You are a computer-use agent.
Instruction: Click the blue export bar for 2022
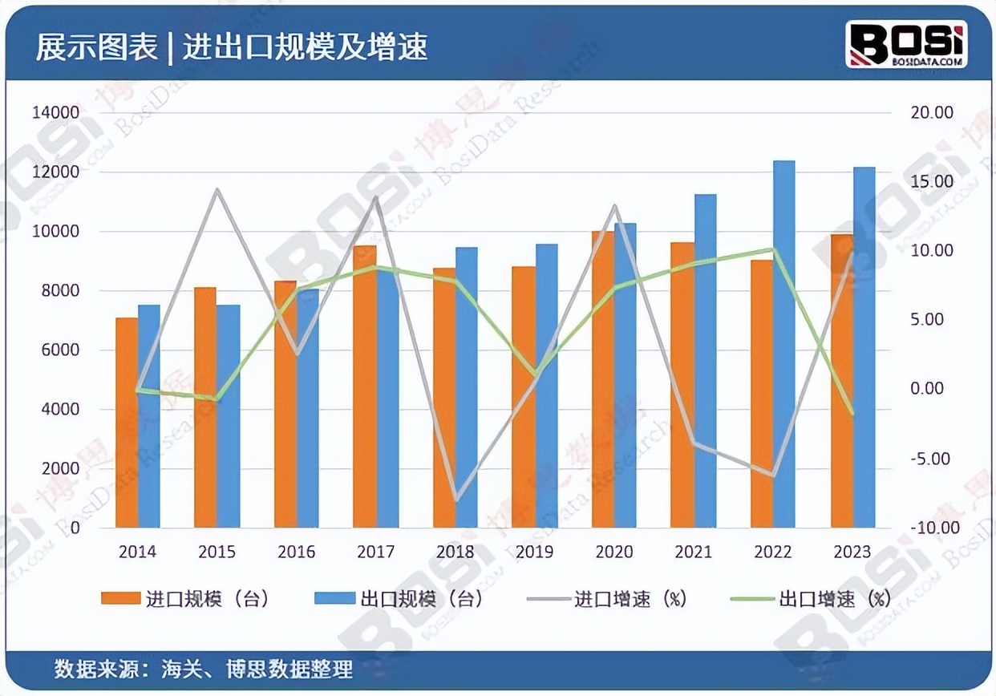783,345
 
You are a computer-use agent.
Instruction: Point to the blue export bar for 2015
229,416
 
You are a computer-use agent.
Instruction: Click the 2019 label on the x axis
534,552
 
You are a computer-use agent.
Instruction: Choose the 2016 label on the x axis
296,552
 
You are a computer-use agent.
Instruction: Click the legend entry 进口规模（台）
184,599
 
